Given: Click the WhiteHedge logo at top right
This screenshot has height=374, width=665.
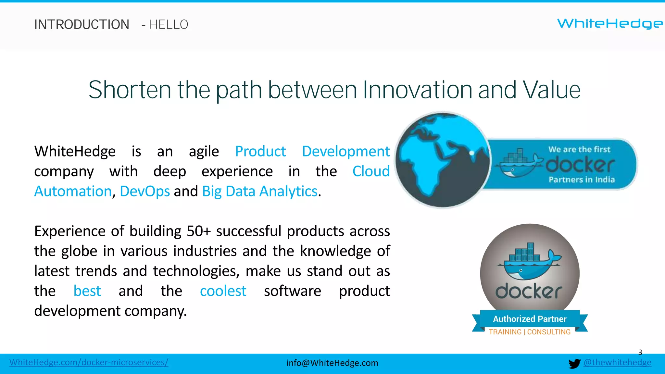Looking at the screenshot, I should (610, 24).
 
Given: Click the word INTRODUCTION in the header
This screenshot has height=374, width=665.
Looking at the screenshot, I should (82, 25).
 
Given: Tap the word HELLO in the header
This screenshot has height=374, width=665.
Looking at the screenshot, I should (169, 25).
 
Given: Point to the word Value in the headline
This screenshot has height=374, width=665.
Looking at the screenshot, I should (551, 90).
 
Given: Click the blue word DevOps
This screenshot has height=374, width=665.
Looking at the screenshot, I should (144, 191).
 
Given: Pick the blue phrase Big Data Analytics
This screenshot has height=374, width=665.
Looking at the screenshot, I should (259, 191).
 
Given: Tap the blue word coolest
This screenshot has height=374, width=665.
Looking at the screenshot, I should (223, 291).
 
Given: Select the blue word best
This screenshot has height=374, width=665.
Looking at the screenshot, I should (87, 291).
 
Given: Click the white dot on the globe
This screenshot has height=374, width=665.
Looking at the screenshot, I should (472, 153).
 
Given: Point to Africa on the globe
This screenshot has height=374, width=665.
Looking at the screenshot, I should (425, 166).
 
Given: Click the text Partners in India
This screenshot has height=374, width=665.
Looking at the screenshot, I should (582, 180).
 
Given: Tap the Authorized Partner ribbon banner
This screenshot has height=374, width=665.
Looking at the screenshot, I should (530, 319).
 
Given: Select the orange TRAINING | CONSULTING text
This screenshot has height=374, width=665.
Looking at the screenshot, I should (530, 332).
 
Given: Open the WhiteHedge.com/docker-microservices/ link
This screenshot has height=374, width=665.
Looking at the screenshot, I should (89, 362).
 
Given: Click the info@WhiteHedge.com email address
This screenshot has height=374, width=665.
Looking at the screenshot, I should (332, 363).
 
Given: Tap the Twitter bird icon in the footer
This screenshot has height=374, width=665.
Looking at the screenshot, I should (574, 364).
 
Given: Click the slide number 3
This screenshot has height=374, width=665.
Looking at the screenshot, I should (640, 352).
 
